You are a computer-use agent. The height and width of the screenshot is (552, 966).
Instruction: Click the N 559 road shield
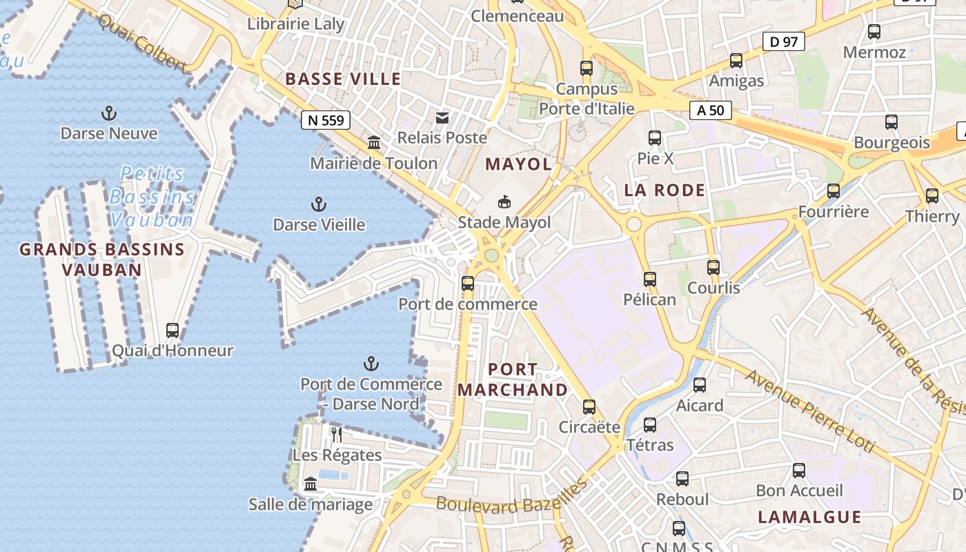326,120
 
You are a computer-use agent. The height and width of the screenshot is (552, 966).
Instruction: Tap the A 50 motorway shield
710,110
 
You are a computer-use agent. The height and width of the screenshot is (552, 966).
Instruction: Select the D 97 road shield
784,41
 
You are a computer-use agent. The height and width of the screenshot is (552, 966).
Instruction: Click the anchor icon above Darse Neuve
108,112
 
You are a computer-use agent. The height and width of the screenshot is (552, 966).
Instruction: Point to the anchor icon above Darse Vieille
318,204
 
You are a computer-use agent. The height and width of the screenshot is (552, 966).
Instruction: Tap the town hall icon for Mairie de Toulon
374,142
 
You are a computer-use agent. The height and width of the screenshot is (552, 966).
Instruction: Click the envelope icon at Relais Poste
442,117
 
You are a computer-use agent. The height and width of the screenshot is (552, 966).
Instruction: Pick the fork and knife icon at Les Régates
336,434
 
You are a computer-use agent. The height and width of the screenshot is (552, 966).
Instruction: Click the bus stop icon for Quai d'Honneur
172,331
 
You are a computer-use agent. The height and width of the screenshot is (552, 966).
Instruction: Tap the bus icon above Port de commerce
468,283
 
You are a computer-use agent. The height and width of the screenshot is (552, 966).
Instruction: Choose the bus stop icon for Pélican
650,279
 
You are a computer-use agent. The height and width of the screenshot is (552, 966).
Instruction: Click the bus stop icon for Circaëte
589,406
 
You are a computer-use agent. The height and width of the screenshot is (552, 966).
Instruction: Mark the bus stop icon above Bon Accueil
799,471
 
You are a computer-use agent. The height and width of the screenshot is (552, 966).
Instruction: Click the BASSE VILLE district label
343,79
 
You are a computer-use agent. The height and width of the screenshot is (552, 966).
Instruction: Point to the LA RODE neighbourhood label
664,190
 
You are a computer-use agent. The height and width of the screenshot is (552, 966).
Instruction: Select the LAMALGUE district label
809,517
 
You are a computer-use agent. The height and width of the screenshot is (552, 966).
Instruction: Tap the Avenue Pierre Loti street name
809,413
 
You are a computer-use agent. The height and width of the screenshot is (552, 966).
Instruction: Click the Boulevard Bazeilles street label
511,498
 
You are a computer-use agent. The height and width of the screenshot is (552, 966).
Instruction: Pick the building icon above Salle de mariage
310,484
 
